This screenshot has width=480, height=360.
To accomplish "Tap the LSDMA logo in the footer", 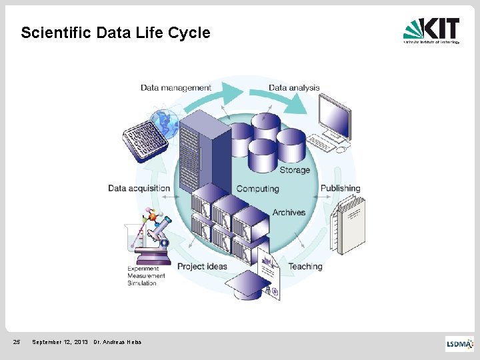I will click(459, 343).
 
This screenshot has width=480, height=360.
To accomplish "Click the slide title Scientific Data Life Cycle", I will click(115, 33).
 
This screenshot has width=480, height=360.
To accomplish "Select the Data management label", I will click(175, 87).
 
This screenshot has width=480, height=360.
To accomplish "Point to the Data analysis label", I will click(294, 87).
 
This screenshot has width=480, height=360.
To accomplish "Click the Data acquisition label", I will click(139, 188).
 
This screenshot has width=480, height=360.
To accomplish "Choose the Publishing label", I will click(340, 188).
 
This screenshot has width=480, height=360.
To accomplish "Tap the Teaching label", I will click(305, 266).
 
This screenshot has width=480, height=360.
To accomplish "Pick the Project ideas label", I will click(202, 266).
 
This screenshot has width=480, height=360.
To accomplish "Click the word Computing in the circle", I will click(257, 189).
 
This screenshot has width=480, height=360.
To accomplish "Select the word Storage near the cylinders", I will click(295, 170).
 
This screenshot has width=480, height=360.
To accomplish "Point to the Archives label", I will click(289, 213).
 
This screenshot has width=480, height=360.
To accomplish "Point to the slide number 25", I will click(17, 343).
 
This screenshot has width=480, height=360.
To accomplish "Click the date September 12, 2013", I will click(60, 343).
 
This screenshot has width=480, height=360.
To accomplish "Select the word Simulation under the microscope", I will click(142, 283).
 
